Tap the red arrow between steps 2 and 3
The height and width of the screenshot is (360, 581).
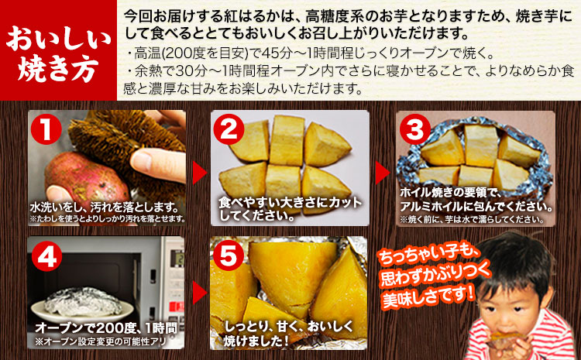[382, 172]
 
